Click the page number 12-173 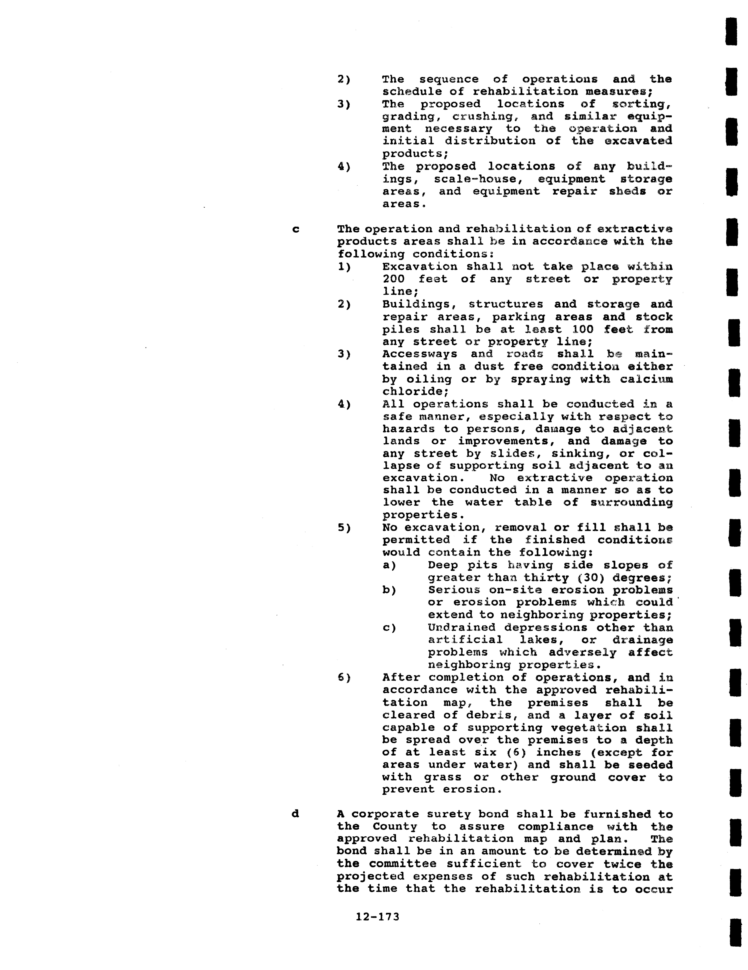pyautogui.click(x=377, y=916)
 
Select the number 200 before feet pyautogui.click(x=393, y=279)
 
